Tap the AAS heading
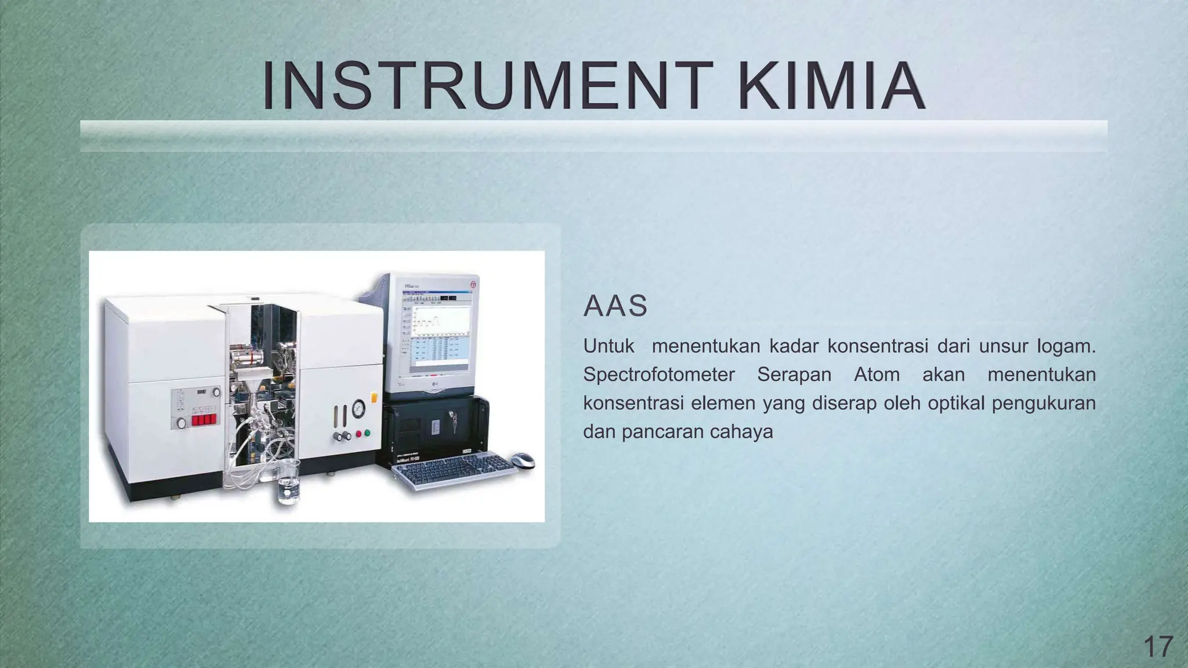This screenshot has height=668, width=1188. pos(615,306)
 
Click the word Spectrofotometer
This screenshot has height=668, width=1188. pos(659,375)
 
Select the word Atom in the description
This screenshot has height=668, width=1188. pos(876,375)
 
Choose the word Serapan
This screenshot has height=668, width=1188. pos(794,375)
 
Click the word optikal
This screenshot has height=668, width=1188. pos(956,403)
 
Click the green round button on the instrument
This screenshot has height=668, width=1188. pos(366,433)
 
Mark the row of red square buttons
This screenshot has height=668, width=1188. pos(204,419)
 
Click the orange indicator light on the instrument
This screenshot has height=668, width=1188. pos(374,398)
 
